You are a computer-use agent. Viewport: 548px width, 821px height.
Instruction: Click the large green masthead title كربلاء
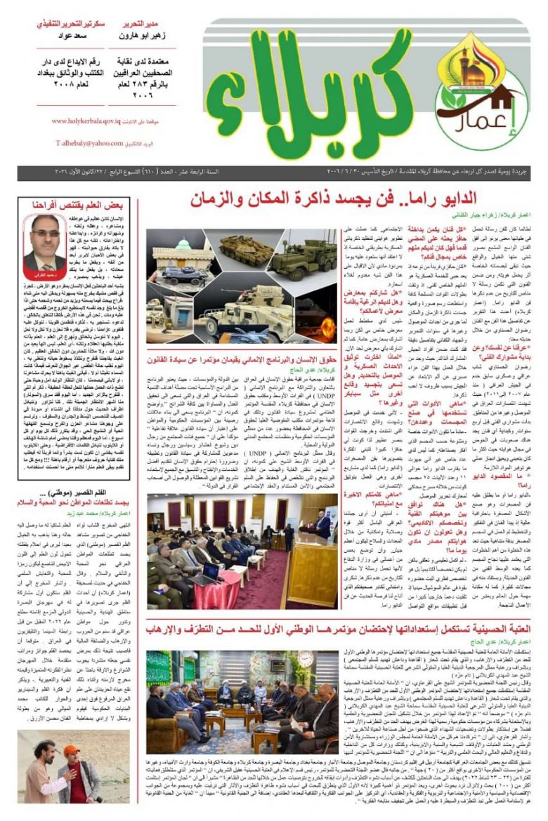click(316, 102)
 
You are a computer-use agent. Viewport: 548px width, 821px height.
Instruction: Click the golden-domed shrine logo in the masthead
click(473, 67)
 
